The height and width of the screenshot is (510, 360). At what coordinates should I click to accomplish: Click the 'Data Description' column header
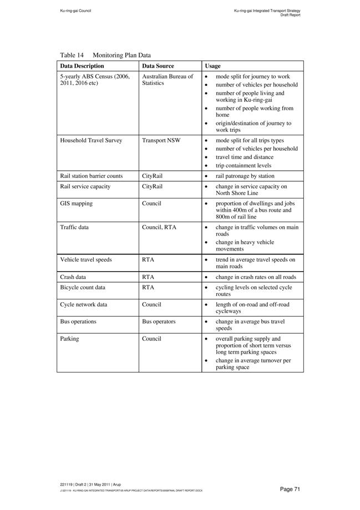pos(82,66)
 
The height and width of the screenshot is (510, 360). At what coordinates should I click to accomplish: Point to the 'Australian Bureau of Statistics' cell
pos(168,80)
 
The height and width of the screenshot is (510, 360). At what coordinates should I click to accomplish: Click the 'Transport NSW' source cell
pos(161,141)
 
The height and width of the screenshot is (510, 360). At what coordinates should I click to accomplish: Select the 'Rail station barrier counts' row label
pos(91,176)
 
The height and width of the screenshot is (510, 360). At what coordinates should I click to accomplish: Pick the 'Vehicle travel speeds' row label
pos(85,259)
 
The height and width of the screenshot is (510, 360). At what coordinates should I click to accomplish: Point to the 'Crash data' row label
pos(73,277)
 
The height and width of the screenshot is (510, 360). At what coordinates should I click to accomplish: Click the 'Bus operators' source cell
pos(159,322)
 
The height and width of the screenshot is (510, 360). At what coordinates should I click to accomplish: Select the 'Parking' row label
pos(69,339)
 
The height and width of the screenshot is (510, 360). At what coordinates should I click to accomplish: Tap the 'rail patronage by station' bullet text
pos(245,176)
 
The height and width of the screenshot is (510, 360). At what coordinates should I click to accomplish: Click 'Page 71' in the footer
pos(290,489)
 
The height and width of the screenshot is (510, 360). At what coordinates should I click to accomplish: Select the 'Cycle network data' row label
pos(84,304)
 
